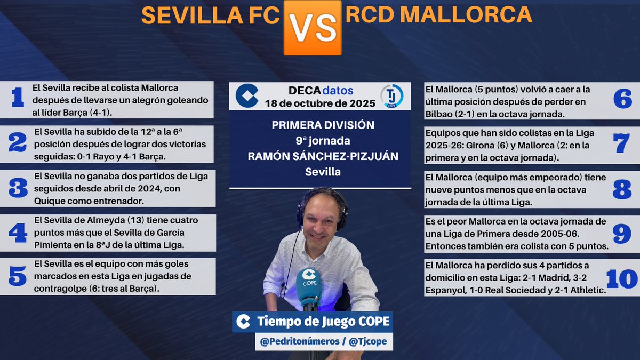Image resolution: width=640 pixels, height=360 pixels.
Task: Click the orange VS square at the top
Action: (313, 27)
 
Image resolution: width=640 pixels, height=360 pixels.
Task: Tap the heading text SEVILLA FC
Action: (210, 17)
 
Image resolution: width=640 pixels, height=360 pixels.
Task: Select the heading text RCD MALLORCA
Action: (438, 15)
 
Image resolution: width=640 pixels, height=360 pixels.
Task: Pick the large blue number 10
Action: (622, 278)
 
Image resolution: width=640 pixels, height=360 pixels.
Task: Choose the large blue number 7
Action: (622, 142)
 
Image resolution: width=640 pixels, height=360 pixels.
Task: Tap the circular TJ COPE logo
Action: (392, 97)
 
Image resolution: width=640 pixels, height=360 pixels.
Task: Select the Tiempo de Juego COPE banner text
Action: (323, 322)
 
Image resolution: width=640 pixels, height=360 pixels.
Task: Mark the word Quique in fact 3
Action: (52, 201)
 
